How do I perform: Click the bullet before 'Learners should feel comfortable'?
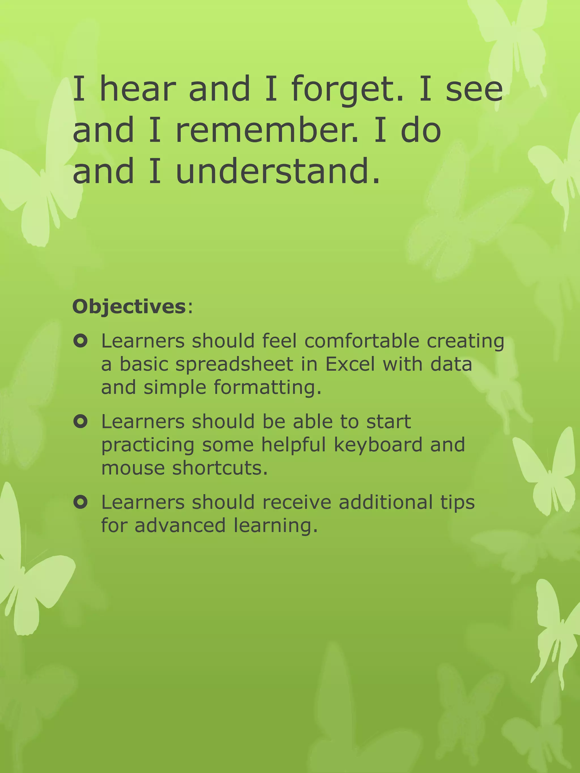[x=80, y=341]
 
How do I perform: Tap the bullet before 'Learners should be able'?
[x=80, y=421]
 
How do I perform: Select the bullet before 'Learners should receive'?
[x=80, y=502]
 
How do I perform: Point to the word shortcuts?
[x=220, y=468]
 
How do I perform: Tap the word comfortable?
[x=361, y=341]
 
